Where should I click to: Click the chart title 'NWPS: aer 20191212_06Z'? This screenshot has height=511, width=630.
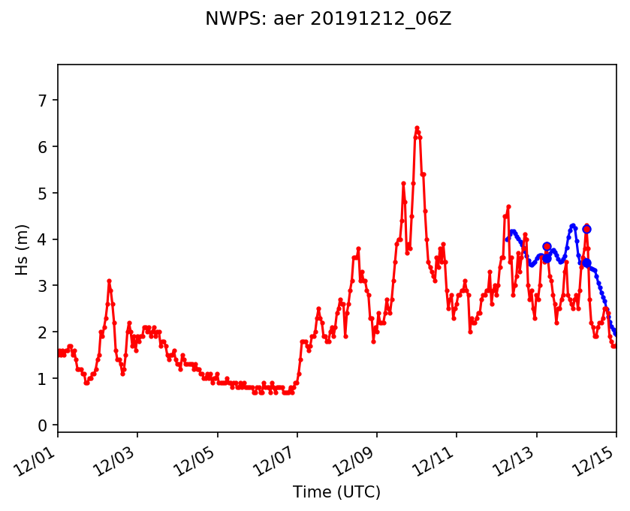(328, 20)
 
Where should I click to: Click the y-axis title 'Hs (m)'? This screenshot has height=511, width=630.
(23, 249)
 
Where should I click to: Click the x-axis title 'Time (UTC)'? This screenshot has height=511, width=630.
(336, 492)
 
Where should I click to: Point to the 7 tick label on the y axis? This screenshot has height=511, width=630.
(44, 100)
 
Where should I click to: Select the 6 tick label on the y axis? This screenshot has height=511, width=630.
(44, 146)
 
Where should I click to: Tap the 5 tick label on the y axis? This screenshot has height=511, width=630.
(44, 193)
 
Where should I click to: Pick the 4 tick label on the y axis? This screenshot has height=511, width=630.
(44, 239)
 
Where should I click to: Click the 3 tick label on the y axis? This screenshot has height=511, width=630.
(44, 286)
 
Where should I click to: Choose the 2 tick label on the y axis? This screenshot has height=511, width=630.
(44, 332)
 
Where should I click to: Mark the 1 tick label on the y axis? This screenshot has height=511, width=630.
(44, 379)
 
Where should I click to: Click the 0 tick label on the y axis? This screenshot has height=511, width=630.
(44, 425)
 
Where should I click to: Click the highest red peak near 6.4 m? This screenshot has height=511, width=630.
(417, 128)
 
